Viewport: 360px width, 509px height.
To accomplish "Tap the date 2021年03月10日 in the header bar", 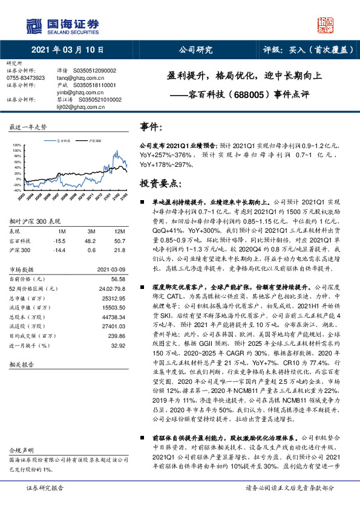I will (67, 51).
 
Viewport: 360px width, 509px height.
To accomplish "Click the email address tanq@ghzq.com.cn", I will (76, 78).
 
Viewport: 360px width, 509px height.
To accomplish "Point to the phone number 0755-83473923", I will (25, 78).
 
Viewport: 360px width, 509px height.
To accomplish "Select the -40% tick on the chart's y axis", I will (16, 190).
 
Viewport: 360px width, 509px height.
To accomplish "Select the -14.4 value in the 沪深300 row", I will (59, 248).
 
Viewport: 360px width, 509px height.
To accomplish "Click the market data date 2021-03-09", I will (112, 269).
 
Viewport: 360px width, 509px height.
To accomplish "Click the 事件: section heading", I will (151, 127).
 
